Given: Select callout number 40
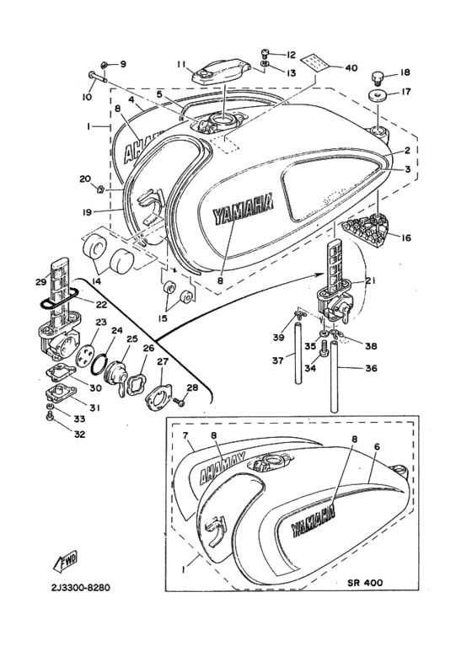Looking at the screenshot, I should coord(351,67).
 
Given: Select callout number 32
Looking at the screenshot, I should coord(56,435).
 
